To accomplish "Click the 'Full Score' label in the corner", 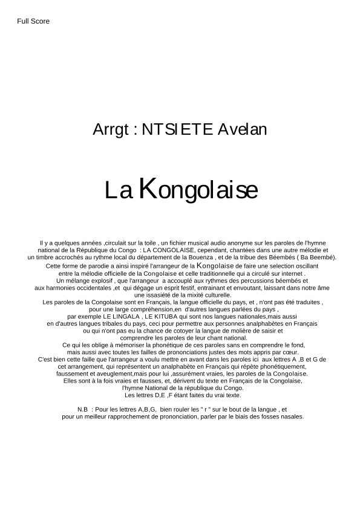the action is coord(33,21).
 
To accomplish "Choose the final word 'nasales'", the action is coord(290,417).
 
